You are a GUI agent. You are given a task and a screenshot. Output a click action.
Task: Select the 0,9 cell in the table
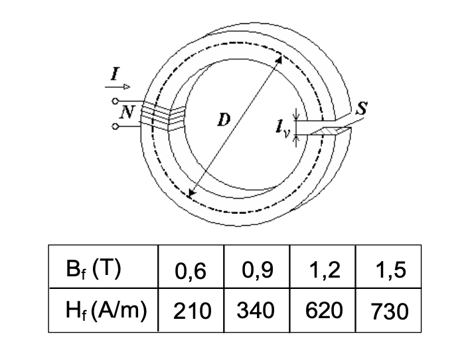[257, 272]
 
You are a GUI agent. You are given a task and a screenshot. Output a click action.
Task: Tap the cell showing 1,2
[323, 272]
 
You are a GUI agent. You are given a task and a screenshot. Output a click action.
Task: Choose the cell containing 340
[257, 310]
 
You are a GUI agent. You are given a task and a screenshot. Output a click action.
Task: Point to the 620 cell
[323, 310]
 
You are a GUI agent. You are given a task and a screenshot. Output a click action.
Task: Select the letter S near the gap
[362, 110]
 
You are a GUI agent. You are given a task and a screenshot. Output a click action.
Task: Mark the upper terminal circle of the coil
[117, 102]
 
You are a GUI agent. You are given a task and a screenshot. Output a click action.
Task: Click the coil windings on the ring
[158, 117]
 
